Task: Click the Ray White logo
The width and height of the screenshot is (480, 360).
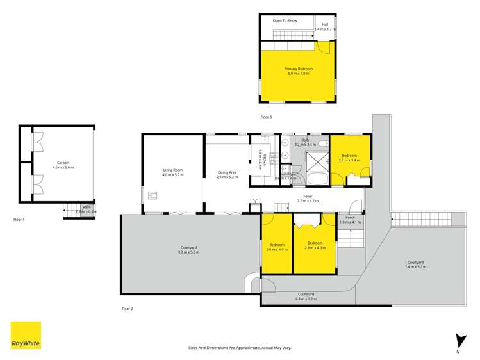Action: (x=26, y=335)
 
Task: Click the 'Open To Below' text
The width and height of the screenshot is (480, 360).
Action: (x=285, y=20)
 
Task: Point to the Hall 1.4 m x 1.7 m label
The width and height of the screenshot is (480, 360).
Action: (x=326, y=26)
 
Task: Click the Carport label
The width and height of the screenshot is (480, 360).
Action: (x=63, y=165)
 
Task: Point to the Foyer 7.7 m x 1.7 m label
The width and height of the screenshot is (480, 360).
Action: (x=308, y=199)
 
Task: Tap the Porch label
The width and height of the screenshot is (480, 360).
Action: (x=350, y=219)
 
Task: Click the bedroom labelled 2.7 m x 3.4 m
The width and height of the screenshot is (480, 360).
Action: (x=350, y=158)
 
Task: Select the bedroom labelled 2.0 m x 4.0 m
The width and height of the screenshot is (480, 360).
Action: (x=277, y=247)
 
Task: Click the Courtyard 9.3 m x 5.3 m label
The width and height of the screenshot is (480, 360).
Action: (x=189, y=250)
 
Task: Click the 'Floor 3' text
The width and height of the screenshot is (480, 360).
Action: (x=266, y=117)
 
